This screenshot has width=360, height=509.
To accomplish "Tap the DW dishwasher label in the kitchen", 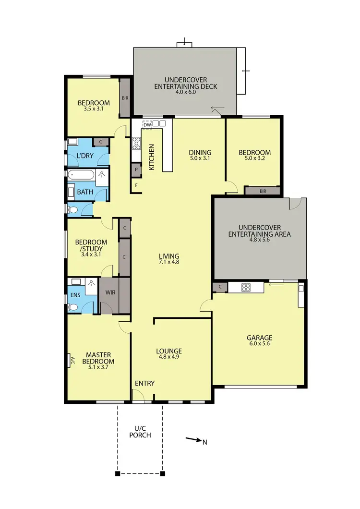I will coord(147,125).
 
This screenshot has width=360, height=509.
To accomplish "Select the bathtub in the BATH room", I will coord(82,175).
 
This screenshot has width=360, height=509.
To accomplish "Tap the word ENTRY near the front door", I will coord(144,383).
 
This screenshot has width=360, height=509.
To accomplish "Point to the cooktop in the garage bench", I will coord(246,288).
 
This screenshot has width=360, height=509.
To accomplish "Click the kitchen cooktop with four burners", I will coord(136,143).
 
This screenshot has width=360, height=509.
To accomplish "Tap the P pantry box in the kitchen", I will coord(136,169).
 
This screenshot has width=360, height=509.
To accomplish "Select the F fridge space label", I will coord(136,185).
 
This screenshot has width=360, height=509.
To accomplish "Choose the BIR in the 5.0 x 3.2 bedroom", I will coord(262,191).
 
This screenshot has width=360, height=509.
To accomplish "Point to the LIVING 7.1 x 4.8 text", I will coord(168,259).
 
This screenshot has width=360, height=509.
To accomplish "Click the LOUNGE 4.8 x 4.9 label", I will coord(168,354).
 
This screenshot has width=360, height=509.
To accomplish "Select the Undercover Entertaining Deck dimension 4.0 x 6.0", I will coord(185,92).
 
